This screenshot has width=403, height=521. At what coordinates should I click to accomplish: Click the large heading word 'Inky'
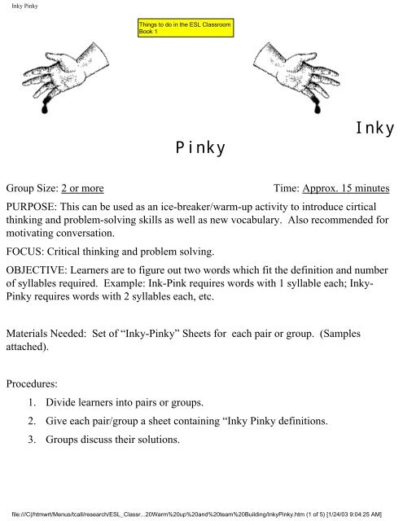point(375,129)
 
